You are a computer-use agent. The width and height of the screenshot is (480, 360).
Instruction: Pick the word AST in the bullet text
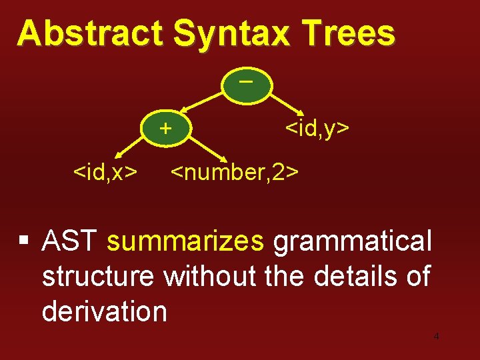point(69,241)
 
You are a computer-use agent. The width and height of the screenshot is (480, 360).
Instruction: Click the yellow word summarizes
point(185,241)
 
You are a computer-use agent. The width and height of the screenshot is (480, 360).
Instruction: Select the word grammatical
point(353,241)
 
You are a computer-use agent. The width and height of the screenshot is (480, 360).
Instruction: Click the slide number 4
point(436,337)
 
